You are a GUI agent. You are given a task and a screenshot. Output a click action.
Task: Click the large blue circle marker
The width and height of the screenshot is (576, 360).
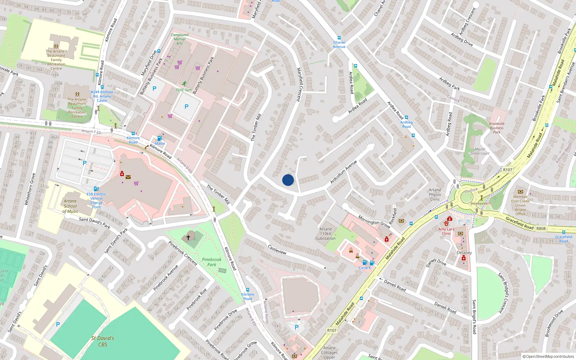click(x=288, y=180)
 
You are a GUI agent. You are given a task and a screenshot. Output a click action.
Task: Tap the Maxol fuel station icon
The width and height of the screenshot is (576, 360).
click(x=160, y=138)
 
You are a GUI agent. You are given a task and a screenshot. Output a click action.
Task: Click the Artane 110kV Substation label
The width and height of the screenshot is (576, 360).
click(x=325, y=234)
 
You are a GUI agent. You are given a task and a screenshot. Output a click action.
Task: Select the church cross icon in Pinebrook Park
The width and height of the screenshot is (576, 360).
click(x=188, y=238)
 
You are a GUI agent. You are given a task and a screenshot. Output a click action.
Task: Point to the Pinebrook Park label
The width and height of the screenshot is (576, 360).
click(x=212, y=262)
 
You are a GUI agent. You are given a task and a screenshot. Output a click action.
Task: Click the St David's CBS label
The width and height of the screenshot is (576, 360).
click(x=103, y=341)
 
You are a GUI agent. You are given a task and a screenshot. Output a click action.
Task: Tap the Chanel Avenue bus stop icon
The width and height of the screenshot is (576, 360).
click(x=339, y=38)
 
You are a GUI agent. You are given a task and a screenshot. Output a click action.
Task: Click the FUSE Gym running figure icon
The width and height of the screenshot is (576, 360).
click(x=184, y=84)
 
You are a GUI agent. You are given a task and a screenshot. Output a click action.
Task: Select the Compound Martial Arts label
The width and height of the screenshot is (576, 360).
click(x=179, y=39)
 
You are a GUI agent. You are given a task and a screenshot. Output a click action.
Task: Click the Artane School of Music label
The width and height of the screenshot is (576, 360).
click(x=70, y=206)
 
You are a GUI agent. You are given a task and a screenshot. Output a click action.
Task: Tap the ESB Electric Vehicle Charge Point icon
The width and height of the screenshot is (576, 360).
click(x=96, y=189)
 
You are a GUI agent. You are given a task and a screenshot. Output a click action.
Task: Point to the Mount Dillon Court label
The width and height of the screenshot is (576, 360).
click(x=480, y=151)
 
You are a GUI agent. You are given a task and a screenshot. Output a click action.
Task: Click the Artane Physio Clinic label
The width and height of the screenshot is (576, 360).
click(x=435, y=194)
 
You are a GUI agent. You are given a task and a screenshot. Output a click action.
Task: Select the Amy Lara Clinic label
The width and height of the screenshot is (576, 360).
click(x=446, y=231)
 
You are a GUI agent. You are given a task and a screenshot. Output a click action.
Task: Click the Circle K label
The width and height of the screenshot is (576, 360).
click(x=365, y=268)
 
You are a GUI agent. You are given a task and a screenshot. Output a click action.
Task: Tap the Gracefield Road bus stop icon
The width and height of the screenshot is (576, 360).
click(x=563, y=232)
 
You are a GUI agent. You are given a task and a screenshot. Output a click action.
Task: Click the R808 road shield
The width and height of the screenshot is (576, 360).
click(x=541, y=229)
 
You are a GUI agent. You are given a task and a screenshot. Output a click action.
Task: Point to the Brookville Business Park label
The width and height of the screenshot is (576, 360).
click(x=496, y=128)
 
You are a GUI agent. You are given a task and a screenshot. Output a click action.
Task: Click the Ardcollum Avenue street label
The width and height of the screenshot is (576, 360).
click(x=343, y=172)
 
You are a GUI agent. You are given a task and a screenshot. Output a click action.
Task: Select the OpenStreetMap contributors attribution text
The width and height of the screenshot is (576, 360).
click(x=548, y=356)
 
